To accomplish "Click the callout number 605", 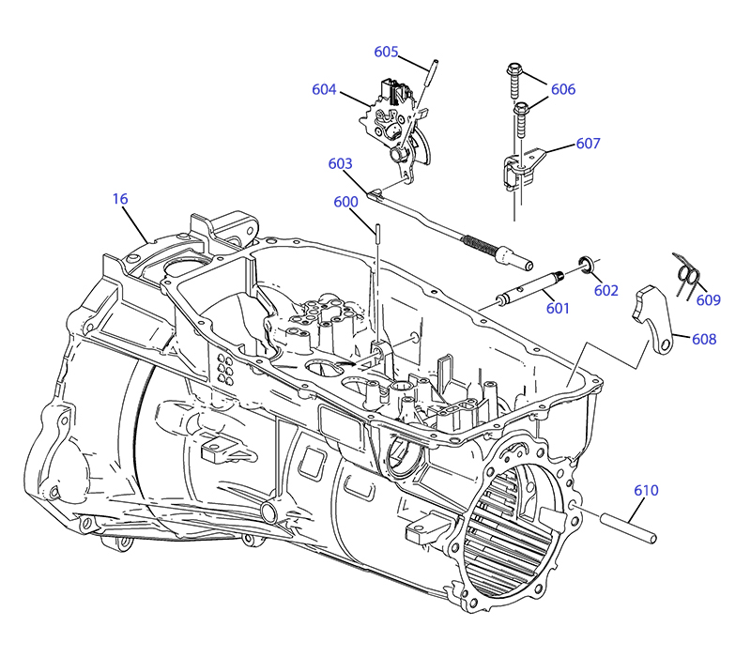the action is click(x=386, y=52).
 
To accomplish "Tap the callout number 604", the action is click(x=324, y=89).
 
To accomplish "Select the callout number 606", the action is click(x=562, y=89).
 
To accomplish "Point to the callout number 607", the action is click(x=588, y=144).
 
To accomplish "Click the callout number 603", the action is click(x=340, y=163).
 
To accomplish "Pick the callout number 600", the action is click(x=345, y=202).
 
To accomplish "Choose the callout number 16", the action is click(x=120, y=199).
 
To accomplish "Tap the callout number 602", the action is click(x=605, y=291).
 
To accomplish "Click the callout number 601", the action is click(x=558, y=308).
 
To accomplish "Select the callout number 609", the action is click(x=709, y=300).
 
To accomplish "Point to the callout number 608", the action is click(x=704, y=339).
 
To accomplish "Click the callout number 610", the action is click(x=646, y=490).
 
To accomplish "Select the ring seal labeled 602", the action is click(x=586, y=265).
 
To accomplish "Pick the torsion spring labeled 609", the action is click(x=687, y=276).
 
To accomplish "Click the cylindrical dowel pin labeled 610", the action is click(x=628, y=527).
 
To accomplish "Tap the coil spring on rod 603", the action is click(x=480, y=244).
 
